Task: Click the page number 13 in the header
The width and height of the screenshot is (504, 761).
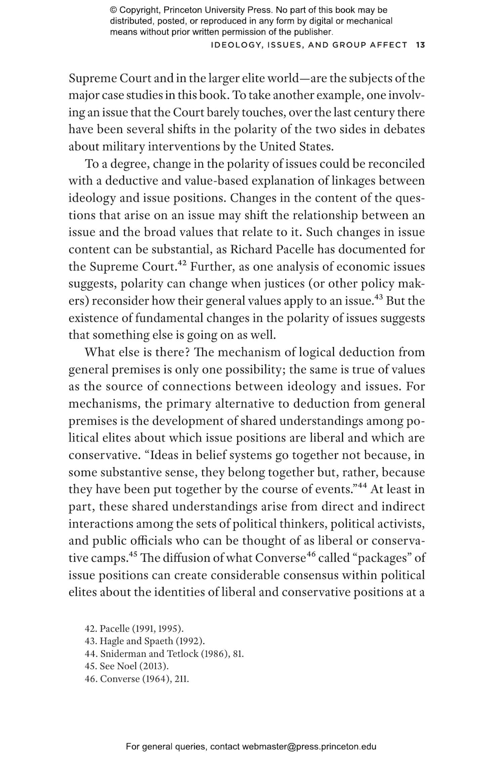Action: (420, 45)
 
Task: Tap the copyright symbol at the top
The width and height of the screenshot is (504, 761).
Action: (113, 10)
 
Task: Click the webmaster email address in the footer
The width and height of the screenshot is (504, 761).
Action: (309, 747)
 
